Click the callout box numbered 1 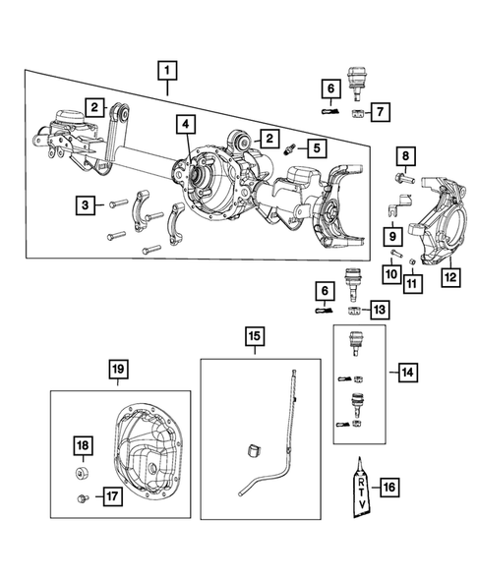tap(169, 70)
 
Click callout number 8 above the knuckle tap(405, 155)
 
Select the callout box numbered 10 tap(390, 273)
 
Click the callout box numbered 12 tap(449, 279)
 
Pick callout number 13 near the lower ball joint tap(380, 311)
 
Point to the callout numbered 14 tap(407, 374)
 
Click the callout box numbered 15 tap(253, 339)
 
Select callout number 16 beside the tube tap(388, 487)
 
